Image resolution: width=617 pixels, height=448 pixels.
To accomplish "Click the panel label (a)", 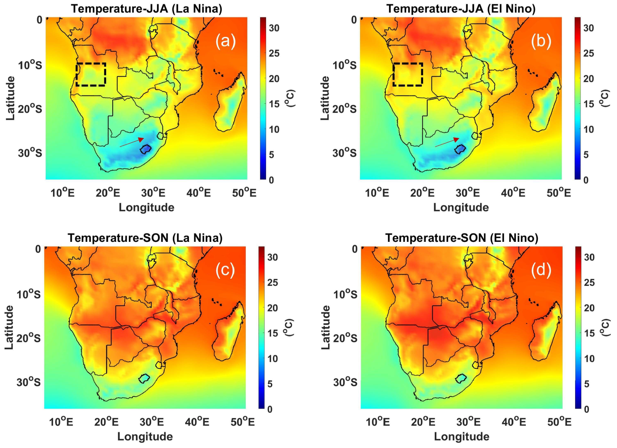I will (225, 41).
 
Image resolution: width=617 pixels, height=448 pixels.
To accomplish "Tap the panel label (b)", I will (541, 41).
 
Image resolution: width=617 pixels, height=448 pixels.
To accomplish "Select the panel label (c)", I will (225, 270).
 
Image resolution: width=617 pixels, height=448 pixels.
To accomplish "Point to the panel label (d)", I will (541, 270).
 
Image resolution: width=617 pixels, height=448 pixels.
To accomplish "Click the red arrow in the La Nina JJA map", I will (132, 142).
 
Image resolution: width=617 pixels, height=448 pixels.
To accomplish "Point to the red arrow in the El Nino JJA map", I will (447, 142).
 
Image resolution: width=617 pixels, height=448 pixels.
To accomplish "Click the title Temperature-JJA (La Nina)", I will (146, 9).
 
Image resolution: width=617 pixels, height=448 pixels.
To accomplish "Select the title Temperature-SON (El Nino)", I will (462, 238).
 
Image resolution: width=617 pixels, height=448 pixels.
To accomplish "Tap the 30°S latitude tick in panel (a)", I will (30, 153).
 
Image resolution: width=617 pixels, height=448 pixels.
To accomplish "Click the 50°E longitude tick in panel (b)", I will (559, 193).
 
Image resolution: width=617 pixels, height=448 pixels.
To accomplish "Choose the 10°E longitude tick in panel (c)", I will (61, 422).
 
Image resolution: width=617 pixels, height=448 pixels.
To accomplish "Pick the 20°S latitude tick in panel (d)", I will (345, 338).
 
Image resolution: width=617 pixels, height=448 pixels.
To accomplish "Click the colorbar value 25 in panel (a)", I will (274, 54).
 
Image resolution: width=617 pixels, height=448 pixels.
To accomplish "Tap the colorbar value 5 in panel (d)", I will (586, 384).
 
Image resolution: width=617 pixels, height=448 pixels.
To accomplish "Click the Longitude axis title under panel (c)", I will (145, 436).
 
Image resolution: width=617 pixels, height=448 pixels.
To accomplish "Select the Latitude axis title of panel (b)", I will (325, 98).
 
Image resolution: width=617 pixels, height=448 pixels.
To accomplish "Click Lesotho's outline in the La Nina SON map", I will (144, 378).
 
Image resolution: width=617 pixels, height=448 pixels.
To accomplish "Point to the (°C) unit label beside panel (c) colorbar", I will (289, 327).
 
